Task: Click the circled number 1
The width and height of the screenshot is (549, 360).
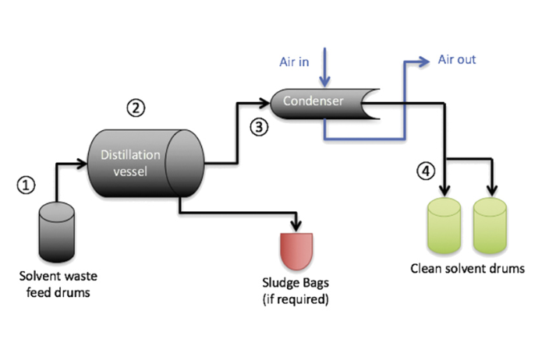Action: click(x=27, y=185)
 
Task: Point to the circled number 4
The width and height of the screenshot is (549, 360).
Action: click(x=425, y=171)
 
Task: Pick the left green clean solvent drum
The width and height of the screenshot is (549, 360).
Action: click(x=445, y=227)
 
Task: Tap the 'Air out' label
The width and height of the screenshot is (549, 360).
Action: click(x=457, y=59)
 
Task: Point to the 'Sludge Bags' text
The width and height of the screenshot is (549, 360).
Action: click(x=296, y=284)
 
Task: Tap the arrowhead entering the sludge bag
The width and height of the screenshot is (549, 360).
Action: click(x=296, y=226)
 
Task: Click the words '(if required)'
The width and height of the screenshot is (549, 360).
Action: click(x=296, y=298)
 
